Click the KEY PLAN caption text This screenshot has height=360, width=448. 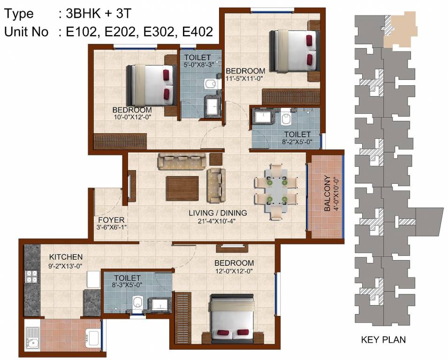(383, 340)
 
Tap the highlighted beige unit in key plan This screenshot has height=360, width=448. (399, 30)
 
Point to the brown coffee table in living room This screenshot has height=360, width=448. (182, 188)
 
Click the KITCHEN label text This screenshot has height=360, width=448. (66, 257)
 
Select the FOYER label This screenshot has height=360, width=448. (111, 220)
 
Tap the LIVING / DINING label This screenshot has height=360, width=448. (218, 213)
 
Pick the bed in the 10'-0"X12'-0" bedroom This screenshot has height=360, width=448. (151, 85)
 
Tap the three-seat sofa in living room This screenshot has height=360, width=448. (182, 161)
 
